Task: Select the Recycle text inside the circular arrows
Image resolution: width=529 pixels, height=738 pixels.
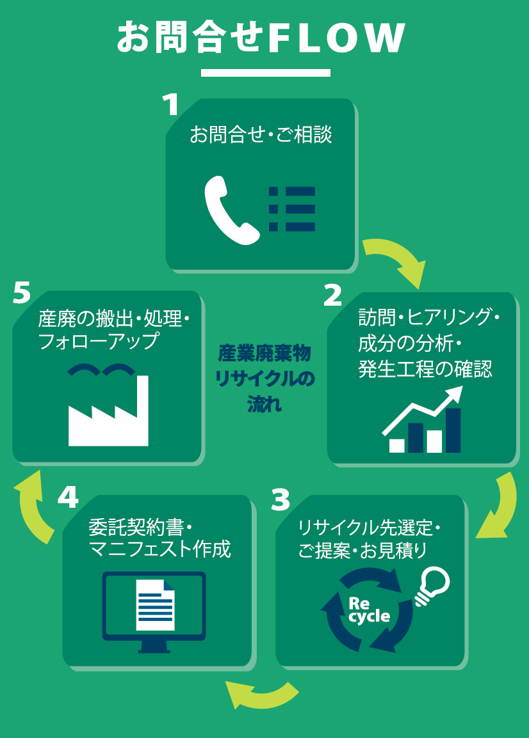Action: [x=368, y=610]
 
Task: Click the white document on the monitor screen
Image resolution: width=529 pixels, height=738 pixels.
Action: [x=155, y=604]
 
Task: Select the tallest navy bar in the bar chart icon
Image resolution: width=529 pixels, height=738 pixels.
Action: [x=453, y=430]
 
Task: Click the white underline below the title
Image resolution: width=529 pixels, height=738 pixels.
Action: [x=265, y=73]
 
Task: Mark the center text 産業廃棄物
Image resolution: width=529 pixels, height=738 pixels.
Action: [x=264, y=352]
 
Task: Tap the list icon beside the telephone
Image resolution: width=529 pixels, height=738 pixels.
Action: [x=292, y=208]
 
